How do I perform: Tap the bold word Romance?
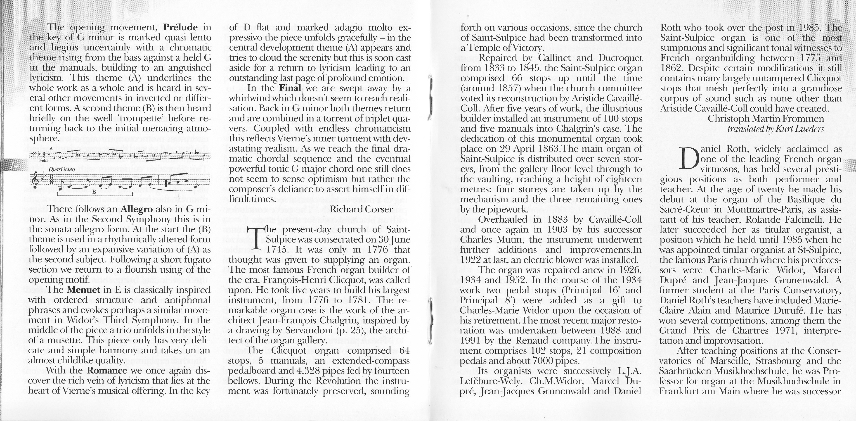pyautogui.click(x=107, y=371)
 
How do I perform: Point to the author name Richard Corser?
pyautogui.click(x=361, y=209)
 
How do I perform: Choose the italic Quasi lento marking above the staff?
pyautogui.click(x=61, y=169)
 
